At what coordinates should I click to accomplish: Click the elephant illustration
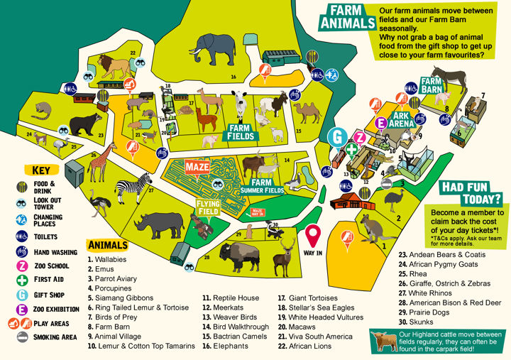211,50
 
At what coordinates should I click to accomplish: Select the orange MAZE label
196,167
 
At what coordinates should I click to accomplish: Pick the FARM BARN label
432,86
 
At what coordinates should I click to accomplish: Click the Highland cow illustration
387,342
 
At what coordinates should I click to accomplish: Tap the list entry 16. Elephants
224,346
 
